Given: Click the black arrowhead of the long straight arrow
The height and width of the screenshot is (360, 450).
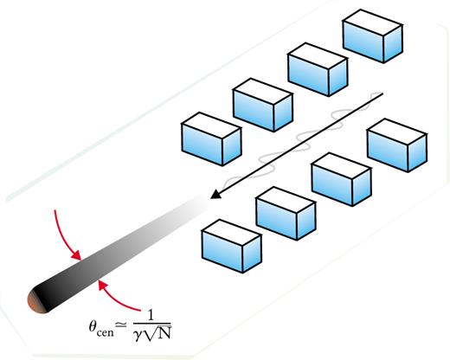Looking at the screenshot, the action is pos(215,194).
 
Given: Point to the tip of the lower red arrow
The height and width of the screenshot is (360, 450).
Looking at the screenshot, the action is pos(99,280).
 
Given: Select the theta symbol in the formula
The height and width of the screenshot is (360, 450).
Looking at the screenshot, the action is pos(93,327).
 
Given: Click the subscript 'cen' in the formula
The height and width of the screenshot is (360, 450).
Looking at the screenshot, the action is pos(105,332).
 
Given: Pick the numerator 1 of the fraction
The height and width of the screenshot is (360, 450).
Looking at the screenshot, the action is pos(151,315).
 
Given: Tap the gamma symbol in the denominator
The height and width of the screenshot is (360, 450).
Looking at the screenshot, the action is pos(138,335).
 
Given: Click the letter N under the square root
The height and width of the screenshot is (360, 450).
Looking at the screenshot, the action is pos(164,334).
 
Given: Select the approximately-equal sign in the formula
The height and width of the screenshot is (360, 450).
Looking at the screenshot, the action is pos(121,325).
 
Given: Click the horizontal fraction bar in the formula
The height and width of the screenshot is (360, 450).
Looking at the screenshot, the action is pos(152,324).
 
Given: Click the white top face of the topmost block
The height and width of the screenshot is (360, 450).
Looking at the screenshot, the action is pos(373,22).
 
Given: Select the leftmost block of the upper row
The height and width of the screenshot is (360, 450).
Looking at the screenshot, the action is pos(211,139).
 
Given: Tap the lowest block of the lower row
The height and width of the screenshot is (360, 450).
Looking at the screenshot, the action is pos(232,247).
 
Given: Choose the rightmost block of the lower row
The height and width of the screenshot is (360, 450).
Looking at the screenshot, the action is pos(397,145).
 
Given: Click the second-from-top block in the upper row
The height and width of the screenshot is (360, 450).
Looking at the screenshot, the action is pos(318,69).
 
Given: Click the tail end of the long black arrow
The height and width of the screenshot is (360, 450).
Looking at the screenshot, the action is pos(382,93).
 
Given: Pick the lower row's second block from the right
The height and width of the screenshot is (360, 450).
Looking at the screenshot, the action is pos(342,179).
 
